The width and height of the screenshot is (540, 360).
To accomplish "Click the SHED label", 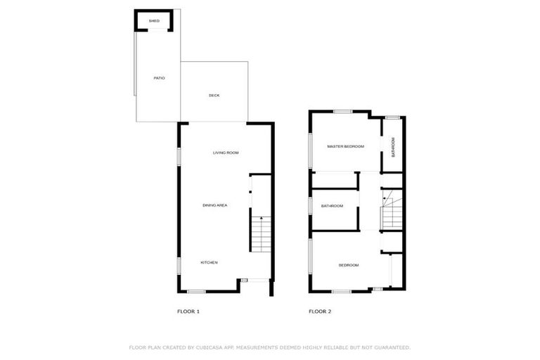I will [154, 21].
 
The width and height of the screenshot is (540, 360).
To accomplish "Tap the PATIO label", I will [159, 77].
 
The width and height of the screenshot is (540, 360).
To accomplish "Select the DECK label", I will [214, 95].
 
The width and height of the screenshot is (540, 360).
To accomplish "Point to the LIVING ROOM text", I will [226, 153].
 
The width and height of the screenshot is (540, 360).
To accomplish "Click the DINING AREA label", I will [214, 205].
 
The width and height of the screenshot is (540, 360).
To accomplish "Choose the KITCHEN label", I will [209, 262].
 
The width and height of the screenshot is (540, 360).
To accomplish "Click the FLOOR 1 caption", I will [188, 311].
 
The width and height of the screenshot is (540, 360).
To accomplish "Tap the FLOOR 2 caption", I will [320, 311].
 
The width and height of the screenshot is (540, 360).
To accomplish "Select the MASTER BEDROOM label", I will [345, 146].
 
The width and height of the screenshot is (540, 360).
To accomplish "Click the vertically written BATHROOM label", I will [393, 146].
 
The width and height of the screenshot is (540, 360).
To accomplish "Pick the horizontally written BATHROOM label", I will [332, 206].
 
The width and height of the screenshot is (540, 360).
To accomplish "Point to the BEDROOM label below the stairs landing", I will [348, 265].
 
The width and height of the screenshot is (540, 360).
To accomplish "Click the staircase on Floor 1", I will [260, 234].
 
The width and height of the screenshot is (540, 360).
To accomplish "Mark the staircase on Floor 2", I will [391, 212].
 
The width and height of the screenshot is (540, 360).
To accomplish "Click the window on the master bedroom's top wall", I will [342, 111].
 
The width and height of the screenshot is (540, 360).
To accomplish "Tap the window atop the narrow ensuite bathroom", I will [392, 117].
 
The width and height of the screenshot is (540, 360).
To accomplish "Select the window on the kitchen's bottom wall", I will [196, 291].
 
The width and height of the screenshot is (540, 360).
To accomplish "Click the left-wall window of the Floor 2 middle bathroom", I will [311, 205].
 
